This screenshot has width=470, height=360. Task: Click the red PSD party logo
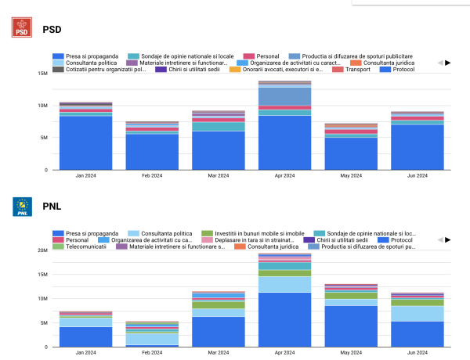23,29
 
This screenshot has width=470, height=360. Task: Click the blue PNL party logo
23,207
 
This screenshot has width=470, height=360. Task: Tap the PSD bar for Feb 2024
151,146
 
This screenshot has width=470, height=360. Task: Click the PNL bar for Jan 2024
85,329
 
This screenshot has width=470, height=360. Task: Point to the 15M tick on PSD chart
42,73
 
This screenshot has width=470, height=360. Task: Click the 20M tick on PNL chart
42,250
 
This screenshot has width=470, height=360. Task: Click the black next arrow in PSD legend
448,63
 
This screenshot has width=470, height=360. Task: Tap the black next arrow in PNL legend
448,239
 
